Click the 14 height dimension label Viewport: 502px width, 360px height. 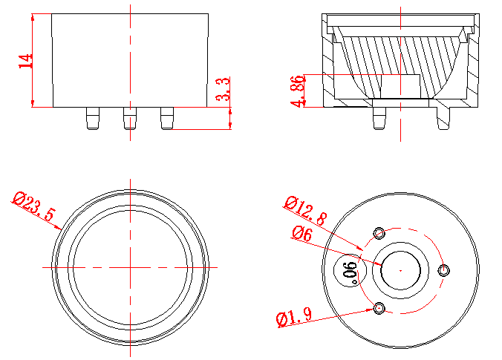[x=26, y=60]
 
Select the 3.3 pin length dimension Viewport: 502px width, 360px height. [x=221, y=89]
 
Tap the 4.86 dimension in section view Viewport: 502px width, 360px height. [x=299, y=91]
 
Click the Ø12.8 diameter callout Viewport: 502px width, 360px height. [x=305, y=211]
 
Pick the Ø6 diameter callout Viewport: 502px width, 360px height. [x=301, y=233]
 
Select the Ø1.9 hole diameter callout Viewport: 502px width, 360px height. [x=292, y=319]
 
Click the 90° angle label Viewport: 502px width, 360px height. [x=350, y=272]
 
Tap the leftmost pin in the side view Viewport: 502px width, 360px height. [x=91, y=117]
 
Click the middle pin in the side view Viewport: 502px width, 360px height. [x=130, y=117]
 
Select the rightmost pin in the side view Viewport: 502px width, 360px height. [x=166, y=117]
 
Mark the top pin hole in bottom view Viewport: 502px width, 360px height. [x=380, y=234]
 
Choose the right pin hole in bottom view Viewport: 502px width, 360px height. [x=444, y=271]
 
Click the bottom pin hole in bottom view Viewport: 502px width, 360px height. [x=380, y=308]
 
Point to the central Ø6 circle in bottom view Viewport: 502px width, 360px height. [x=401, y=271]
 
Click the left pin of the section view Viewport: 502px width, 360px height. [x=379, y=117]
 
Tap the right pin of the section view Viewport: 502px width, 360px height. [x=444, y=117]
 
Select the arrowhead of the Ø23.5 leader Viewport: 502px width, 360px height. [x=60, y=231]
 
